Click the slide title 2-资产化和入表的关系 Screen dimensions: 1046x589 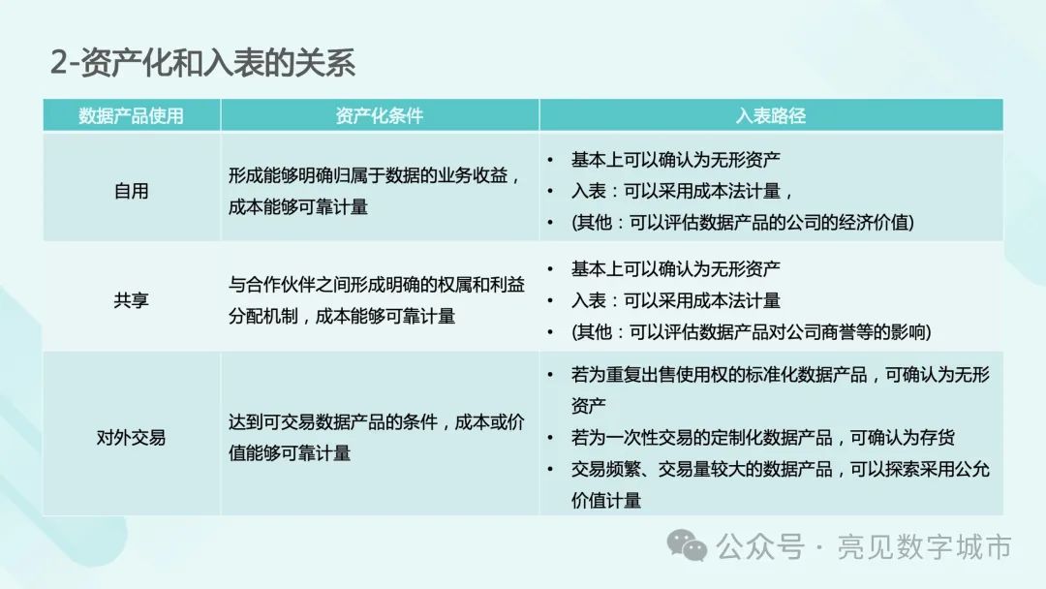click(202, 63)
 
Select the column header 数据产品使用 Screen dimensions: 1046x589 click(131, 115)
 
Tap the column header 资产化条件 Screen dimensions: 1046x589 click(379, 115)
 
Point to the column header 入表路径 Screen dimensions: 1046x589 click(771, 115)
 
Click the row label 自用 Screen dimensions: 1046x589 click(131, 191)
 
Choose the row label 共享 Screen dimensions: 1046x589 click(131, 300)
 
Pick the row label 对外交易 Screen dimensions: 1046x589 click(131, 438)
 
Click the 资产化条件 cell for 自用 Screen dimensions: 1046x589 click(374, 191)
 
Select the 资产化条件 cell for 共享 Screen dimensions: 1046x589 click(377, 300)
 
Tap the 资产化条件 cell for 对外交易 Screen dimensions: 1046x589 click(377, 438)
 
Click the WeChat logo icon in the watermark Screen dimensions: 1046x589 click(687, 545)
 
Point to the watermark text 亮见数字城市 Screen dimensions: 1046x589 click(924, 547)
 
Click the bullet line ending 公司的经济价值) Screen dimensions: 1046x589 click(743, 222)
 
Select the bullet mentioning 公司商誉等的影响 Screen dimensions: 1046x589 click(752, 331)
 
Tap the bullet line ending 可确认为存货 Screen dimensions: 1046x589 click(762, 438)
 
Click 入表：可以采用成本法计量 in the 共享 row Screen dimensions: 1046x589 click(676, 300)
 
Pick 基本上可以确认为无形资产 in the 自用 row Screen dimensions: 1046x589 click(676, 160)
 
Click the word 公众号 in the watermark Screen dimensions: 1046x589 click(760, 547)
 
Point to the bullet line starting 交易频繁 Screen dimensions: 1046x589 click(780, 484)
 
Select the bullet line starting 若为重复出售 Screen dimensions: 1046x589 click(780, 389)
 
